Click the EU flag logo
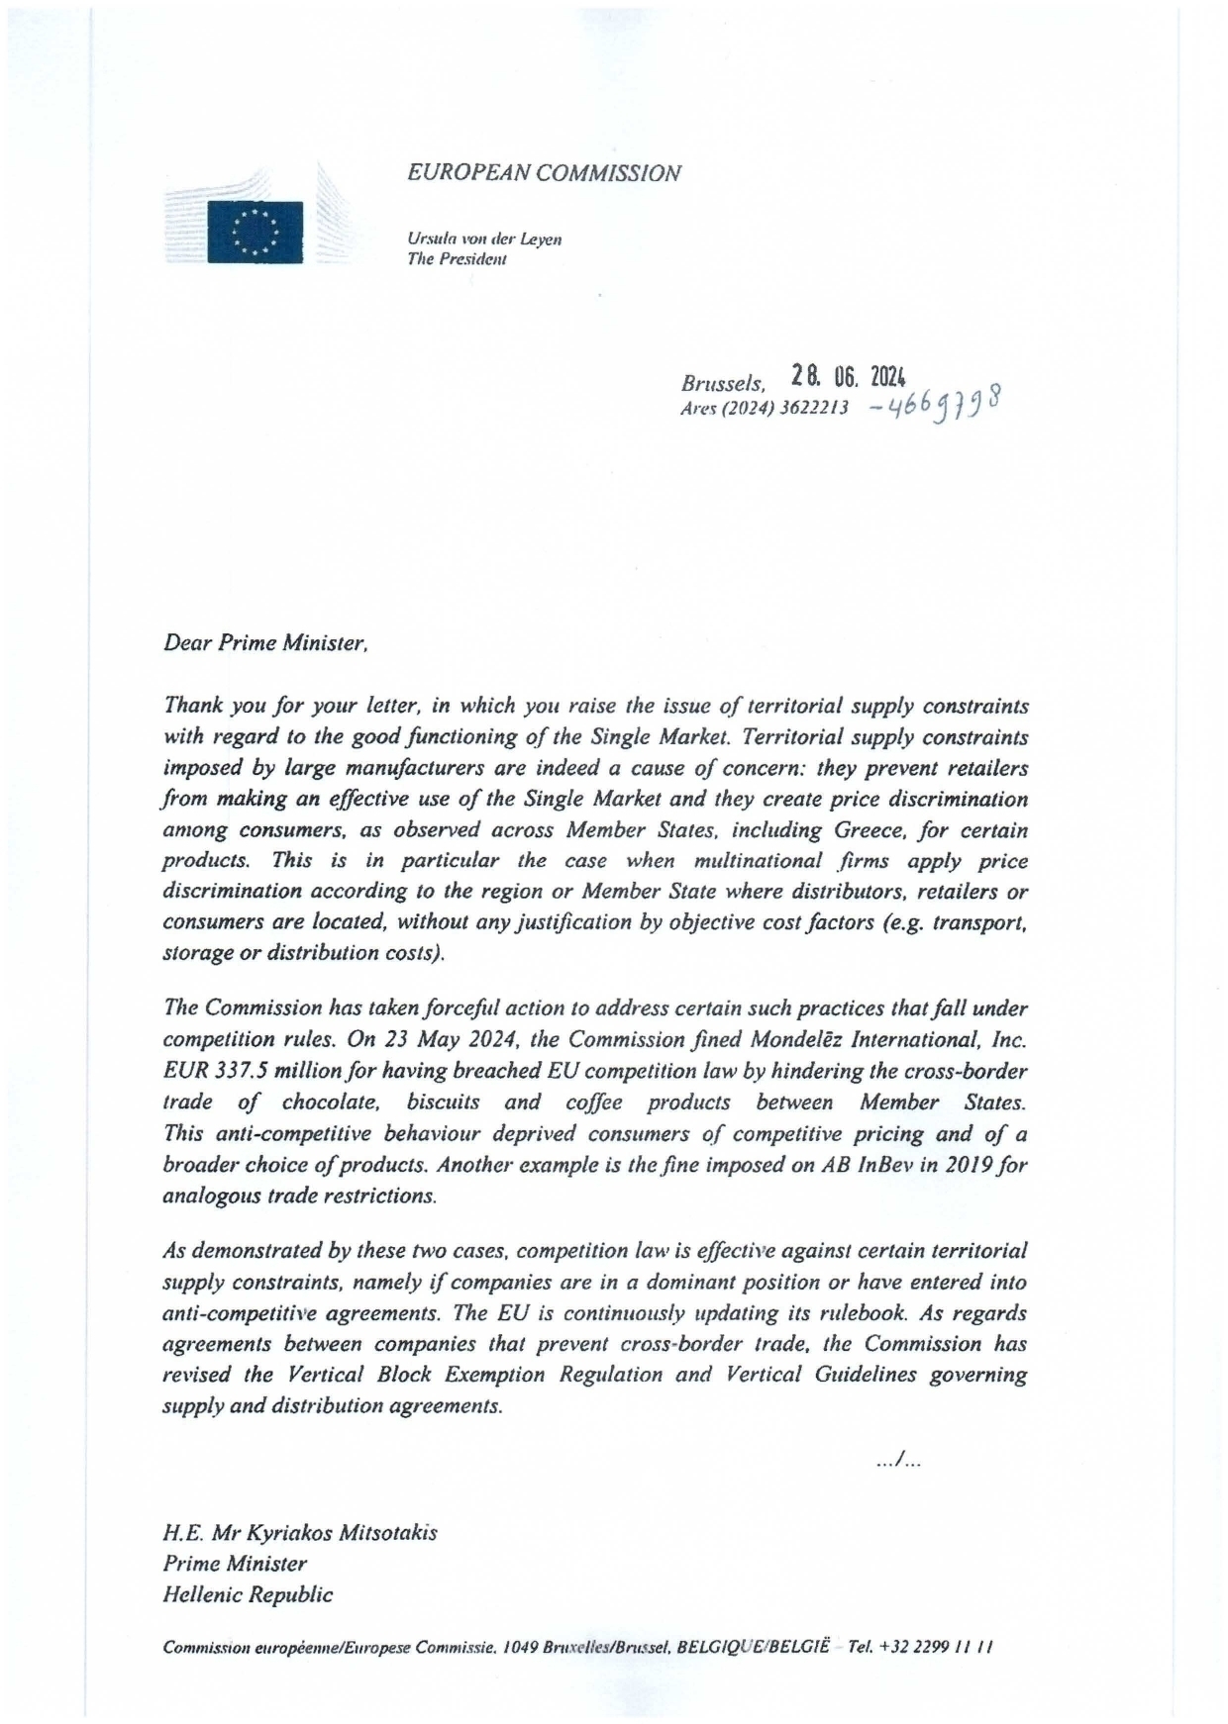click(x=255, y=233)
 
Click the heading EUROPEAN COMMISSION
click(x=544, y=173)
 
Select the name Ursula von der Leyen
click(x=484, y=239)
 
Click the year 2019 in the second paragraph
click(x=973, y=1164)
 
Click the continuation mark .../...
click(x=898, y=1459)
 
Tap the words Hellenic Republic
click(x=248, y=1594)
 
